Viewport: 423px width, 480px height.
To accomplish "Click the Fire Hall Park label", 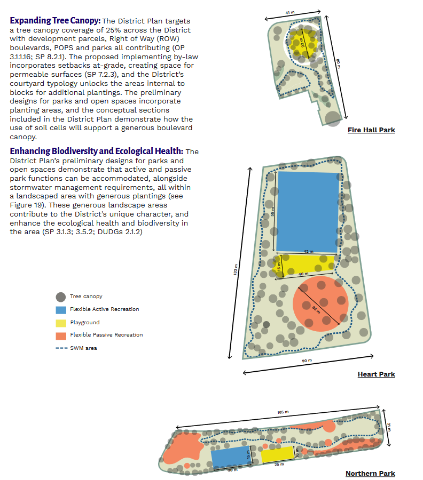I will click(371, 130).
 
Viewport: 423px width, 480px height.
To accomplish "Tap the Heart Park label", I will click(376, 374).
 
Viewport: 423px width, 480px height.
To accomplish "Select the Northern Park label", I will click(370, 474).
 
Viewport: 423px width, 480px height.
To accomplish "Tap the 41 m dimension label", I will click(289, 12).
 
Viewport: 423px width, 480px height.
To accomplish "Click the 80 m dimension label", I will click(338, 62).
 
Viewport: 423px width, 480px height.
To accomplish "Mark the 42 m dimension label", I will click(308, 251).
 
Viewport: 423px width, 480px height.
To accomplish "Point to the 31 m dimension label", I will click(389, 427).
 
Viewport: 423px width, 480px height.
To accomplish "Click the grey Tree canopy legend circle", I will click(60, 297).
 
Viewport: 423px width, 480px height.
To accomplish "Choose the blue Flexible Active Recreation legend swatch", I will click(60, 310).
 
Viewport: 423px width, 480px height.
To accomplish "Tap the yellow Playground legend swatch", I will click(60, 323).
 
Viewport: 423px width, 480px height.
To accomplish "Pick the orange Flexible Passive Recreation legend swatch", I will click(60, 335).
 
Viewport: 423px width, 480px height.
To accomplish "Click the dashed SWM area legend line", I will click(60, 348).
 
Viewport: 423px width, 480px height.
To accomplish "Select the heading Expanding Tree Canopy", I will click(55, 21).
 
